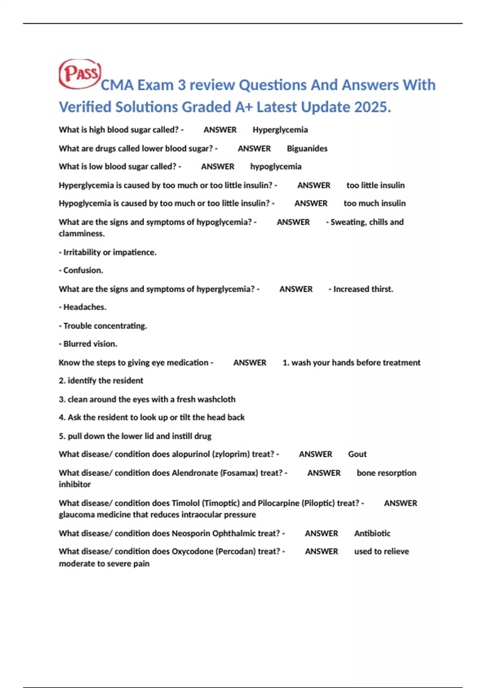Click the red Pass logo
tap(80, 74)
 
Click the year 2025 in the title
tap(372, 107)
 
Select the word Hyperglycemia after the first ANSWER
tap(280, 130)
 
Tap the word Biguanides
tap(307, 149)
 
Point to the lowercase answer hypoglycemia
tap(275, 167)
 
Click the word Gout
tap(357, 454)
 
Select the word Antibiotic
tap(372, 533)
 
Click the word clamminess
tap(81, 234)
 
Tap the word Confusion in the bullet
tap(83, 270)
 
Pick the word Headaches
tap(85, 307)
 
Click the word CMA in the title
tap(117, 85)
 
